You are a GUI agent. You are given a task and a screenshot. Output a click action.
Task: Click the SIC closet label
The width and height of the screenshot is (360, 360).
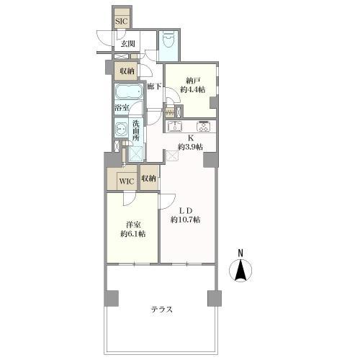tap(121, 22)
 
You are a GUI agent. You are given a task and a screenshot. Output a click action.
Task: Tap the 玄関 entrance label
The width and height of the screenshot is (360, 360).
tap(127, 44)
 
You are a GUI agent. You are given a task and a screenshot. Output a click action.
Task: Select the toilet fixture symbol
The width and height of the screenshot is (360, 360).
tap(168, 40)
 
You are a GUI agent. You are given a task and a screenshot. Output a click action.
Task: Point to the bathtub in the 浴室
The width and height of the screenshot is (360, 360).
tap(129, 91)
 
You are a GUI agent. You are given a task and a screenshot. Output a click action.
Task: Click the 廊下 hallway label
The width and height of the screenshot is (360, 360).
tap(154, 86)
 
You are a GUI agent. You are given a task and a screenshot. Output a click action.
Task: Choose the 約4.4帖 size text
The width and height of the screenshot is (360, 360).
tap(193, 89)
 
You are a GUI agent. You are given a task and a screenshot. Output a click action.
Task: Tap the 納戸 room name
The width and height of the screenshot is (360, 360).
tap(193, 80)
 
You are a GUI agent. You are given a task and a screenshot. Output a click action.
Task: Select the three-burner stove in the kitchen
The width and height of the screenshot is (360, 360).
tap(204, 126)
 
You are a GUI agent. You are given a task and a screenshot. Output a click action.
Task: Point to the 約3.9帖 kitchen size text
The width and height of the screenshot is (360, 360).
tap(190, 147)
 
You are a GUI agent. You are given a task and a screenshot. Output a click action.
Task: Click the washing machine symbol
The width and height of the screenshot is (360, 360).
tap(121, 130)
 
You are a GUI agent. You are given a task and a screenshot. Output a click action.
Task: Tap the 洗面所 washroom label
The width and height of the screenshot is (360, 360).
tap(136, 131)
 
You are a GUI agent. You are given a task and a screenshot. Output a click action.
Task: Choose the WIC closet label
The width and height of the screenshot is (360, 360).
tap(127, 181)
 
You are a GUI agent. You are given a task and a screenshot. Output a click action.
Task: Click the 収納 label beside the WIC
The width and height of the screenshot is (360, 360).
tap(148, 178)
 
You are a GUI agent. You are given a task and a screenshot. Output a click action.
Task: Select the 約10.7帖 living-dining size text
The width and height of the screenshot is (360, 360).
tap(186, 220)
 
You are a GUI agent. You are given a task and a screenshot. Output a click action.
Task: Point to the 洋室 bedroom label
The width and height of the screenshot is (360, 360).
tap(133, 225)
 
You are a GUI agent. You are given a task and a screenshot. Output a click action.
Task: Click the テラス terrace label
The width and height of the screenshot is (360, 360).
tap(162, 310)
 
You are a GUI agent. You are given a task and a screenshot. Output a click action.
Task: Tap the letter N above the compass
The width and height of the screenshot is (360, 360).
tap(240, 253)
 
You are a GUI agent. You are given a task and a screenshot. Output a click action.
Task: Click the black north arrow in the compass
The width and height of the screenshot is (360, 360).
tap(240, 270)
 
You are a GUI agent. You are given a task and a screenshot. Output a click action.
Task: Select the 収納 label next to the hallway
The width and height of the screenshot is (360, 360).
tap(127, 71)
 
